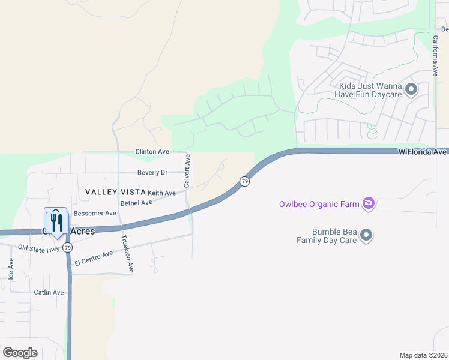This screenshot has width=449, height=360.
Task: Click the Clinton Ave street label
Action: pos(152,152)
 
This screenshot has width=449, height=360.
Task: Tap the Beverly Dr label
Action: pos(152,172)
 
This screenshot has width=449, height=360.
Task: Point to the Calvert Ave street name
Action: pos(187,171)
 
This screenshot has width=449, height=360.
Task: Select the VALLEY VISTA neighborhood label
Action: pos(115,192)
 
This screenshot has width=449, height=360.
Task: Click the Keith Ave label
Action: pos(161,193)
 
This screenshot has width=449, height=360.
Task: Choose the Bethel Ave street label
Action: pos(136,203)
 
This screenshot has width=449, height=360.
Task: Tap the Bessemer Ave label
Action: pos(95,213)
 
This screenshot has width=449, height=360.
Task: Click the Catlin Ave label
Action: pos(49,293)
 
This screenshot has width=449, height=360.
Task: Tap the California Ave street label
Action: pos(436,55)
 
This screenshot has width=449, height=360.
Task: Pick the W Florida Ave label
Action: pos(423,152)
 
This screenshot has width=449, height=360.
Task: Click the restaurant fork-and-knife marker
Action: pos(55,223)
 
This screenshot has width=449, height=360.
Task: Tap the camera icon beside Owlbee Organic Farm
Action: pos(369,204)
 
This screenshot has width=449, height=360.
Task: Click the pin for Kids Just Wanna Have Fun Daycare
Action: pos(411,90)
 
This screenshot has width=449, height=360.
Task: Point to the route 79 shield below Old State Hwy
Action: pos(68,248)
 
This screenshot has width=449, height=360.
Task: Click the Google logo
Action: pos(20,353)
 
